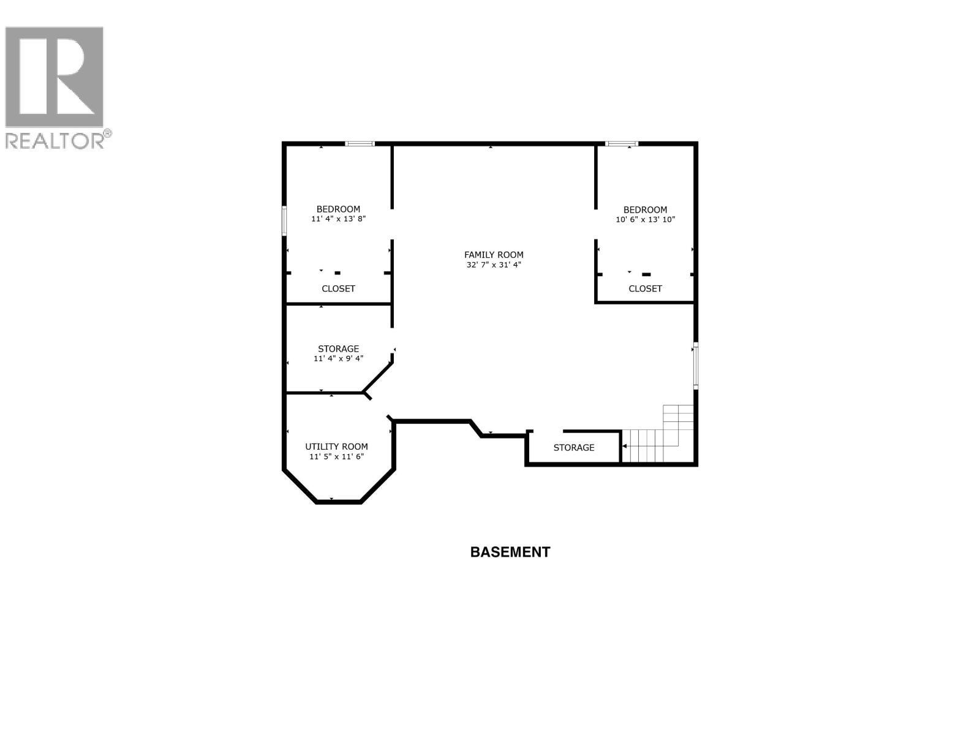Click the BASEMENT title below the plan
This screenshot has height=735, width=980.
pyautogui.click(x=510, y=552)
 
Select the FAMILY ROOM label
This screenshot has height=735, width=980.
pyautogui.click(x=494, y=255)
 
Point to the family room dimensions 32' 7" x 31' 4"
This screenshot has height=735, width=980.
pyautogui.click(x=494, y=265)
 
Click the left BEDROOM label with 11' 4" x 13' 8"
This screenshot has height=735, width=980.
pyautogui.click(x=338, y=209)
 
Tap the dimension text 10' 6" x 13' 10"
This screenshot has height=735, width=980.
pyautogui.click(x=645, y=219)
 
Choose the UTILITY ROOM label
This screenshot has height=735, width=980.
pyautogui.click(x=336, y=447)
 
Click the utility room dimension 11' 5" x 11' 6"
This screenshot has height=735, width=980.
pyautogui.click(x=336, y=456)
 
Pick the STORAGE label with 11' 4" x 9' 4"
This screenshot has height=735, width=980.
pyautogui.click(x=338, y=349)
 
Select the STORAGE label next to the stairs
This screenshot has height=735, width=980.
pyautogui.click(x=574, y=448)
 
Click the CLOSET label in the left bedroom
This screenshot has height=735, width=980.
pyautogui.click(x=338, y=288)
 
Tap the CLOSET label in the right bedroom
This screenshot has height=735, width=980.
pyautogui.click(x=645, y=288)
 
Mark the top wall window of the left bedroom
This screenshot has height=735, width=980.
pyautogui.click(x=360, y=144)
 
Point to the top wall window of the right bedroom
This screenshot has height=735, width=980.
pyautogui.click(x=622, y=144)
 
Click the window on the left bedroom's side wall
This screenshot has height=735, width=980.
pyautogui.click(x=284, y=221)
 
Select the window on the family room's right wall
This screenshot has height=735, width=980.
pyautogui.click(x=695, y=366)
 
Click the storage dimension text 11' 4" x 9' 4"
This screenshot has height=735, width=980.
pyautogui.click(x=338, y=358)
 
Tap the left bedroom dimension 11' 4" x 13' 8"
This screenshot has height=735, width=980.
pyautogui.click(x=338, y=219)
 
